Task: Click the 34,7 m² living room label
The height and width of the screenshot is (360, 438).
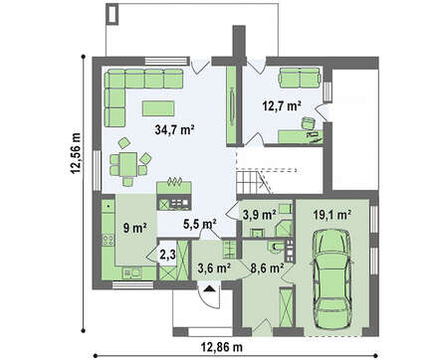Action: tap(174, 130)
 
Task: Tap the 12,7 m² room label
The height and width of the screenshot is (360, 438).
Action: tap(282, 106)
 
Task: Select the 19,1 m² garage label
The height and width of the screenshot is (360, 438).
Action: tap(332, 215)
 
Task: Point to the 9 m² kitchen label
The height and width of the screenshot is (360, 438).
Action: tap(135, 228)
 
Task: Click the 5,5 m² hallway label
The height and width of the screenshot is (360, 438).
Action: tap(200, 225)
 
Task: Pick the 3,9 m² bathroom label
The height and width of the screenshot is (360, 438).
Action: tap(260, 215)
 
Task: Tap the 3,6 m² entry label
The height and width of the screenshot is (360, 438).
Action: tap(214, 268)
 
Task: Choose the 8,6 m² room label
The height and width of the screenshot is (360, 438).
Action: tap(267, 268)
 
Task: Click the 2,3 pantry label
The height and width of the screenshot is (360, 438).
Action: tap(167, 255)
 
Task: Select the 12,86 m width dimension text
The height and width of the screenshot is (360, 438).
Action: tap(222, 347)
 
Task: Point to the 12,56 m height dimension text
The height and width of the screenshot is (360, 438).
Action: tap(76, 153)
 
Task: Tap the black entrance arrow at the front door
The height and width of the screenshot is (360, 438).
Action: tap(209, 288)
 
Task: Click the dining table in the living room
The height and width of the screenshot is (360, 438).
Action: tap(128, 164)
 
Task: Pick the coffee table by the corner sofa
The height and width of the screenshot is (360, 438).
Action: tap(158, 108)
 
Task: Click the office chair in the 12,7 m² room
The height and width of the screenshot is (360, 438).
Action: tap(309, 123)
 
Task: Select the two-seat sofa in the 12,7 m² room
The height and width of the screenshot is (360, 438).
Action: tap(300, 78)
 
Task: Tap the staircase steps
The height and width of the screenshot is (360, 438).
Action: tap(250, 182)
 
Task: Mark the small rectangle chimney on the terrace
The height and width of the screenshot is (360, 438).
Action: tap(112, 13)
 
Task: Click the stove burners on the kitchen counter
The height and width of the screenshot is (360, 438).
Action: tap(109, 240)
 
